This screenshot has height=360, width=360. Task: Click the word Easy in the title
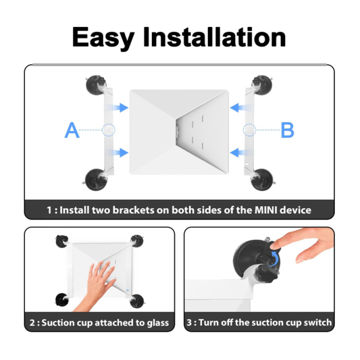click(x=103, y=38)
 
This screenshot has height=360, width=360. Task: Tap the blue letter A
click(x=72, y=130)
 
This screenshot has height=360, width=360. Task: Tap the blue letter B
click(x=288, y=130)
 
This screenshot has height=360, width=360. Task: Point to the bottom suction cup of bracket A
click(x=95, y=180)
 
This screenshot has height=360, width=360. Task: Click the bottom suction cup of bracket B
click(x=263, y=180)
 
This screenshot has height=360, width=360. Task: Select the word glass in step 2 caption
click(x=158, y=323)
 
